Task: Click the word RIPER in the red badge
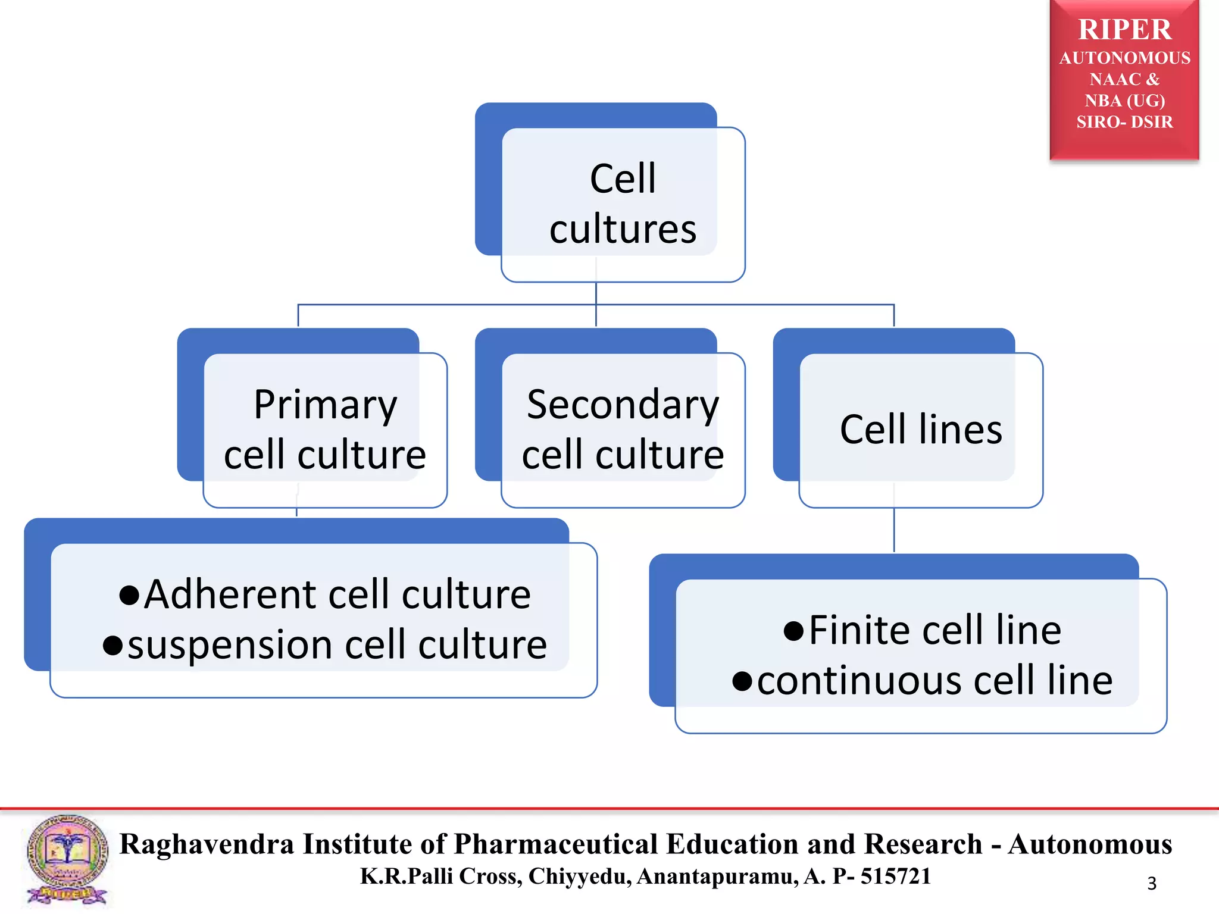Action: pyautogui.click(x=1124, y=30)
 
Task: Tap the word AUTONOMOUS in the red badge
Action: pyautogui.click(x=1124, y=58)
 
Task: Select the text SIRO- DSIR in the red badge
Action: pyautogui.click(x=1124, y=122)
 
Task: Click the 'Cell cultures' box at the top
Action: pyautogui.click(x=622, y=204)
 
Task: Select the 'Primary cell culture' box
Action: pyautogui.click(x=325, y=429)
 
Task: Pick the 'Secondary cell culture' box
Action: pyautogui.click(x=623, y=429)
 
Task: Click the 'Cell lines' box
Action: pyautogui.click(x=921, y=429)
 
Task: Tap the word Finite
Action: pyautogui.click(x=859, y=630)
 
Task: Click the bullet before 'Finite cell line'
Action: pyautogui.click(x=793, y=631)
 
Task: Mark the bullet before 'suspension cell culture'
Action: pyautogui.click(x=112, y=645)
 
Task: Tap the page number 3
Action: pyautogui.click(x=1152, y=883)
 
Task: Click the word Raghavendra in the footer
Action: pyautogui.click(x=207, y=844)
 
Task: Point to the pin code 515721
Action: pyautogui.click(x=896, y=876)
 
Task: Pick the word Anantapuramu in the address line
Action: pyautogui.click(x=717, y=876)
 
